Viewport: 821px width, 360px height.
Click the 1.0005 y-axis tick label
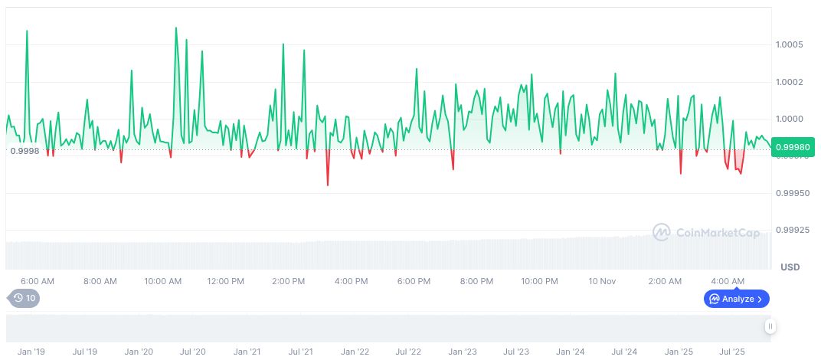click(x=789, y=44)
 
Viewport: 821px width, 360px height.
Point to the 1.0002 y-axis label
click(x=789, y=81)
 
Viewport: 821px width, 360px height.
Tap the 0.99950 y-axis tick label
click(x=790, y=193)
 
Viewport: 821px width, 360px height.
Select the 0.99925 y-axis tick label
click(x=790, y=229)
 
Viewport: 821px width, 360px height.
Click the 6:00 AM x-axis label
click(x=37, y=281)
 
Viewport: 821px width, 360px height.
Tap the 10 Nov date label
click(x=602, y=281)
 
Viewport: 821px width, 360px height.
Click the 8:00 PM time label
click(x=476, y=281)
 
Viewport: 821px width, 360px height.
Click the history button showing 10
click(x=24, y=298)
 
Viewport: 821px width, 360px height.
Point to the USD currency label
click(x=790, y=267)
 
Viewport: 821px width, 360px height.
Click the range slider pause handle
click(x=770, y=326)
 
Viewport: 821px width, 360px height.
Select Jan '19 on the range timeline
click(x=31, y=352)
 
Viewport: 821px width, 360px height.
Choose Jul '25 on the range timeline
click(x=733, y=352)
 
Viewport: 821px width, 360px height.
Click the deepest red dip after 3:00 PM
click(x=328, y=185)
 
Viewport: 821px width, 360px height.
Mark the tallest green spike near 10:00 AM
click(x=176, y=28)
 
